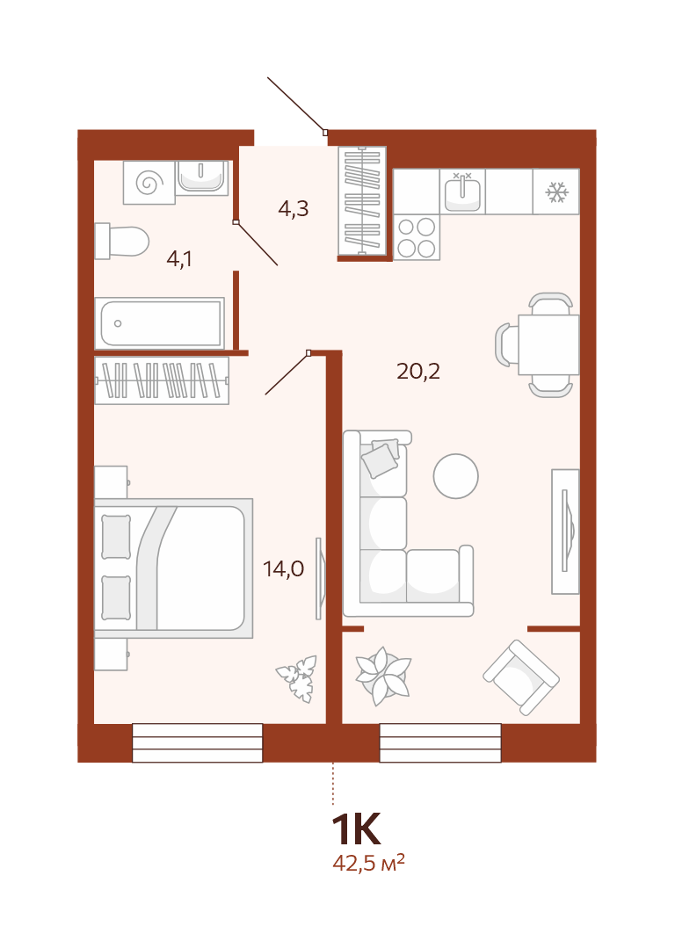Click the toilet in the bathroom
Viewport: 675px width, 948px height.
(x=121, y=242)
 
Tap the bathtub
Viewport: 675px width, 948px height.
(x=160, y=322)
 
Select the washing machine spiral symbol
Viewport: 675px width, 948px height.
(x=149, y=182)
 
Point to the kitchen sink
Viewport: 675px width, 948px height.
(x=462, y=192)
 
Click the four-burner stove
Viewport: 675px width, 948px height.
(x=417, y=237)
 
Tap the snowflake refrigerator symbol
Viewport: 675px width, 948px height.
(x=555, y=192)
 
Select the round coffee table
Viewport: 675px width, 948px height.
(x=456, y=476)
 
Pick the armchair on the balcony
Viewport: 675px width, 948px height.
(x=521, y=677)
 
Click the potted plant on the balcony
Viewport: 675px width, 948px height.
(x=383, y=676)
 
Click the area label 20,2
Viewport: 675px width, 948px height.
(x=418, y=372)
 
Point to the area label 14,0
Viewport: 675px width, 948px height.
(x=284, y=569)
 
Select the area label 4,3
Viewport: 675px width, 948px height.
(x=294, y=208)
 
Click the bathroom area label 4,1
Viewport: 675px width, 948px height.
(x=179, y=259)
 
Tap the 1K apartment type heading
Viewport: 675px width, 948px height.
(x=356, y=829)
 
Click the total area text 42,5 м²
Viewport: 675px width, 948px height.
(x=368, y=863)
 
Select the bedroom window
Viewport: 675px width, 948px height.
(x=197, y=743)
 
